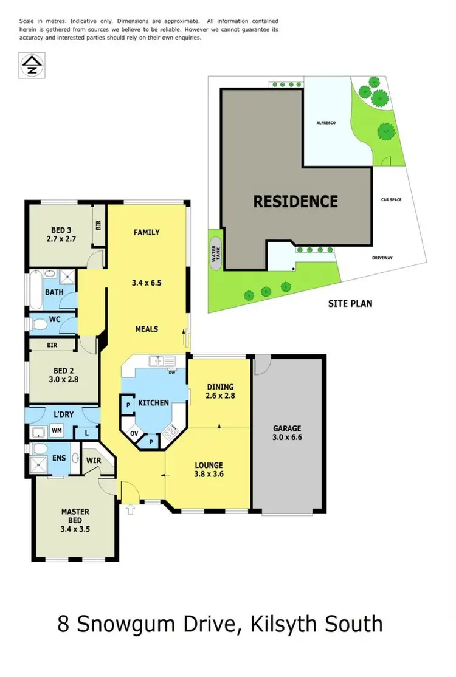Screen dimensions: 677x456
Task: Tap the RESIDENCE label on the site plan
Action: pyautogui.click(x=295, y=201)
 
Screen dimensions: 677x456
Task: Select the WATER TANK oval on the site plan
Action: pyautogui.click(x=214, y=254)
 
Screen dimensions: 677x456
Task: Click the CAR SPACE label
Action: pyautogui.click(x=391, y=199)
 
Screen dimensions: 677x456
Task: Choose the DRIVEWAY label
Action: pyautogui.click(x=382, y=258)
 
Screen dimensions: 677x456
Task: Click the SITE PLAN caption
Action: pyautogui.click(x=351, y=303)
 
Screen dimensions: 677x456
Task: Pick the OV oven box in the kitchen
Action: pyautogui.click(x=133, y=434)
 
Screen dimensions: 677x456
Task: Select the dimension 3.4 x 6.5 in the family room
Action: pyautogui.click(x=147, y=283)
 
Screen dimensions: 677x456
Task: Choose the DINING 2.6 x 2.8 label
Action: pyautogui.click(x=220, y=390)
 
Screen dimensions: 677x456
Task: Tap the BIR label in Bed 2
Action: pyautogui.click(x=52, y=344)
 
